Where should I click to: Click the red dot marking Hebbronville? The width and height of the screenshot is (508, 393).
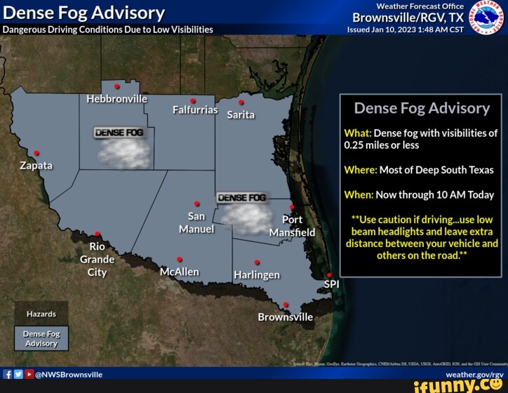pyautogui.click(x=116, y=86)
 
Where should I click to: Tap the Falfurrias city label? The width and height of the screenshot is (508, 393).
pyautogui.click(x=195, y=110)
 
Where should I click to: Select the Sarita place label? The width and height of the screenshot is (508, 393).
pyautogui.click(x=241, y=114)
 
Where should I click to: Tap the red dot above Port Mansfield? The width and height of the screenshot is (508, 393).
pyautogui.click(x=292, y=208)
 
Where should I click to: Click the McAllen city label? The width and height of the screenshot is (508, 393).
pyautogui.click(x=179, y=272)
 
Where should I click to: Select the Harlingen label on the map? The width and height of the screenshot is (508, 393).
pyautogui.click(x=257, y=274)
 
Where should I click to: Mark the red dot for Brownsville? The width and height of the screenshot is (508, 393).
pyautogui.click(x=286, y=305)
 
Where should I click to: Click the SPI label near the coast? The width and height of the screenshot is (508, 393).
pyautogui.click(x=331, y=284)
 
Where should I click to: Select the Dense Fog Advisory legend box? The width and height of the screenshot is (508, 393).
pyautogui.click(x=41, y=338)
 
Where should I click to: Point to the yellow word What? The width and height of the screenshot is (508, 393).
pyautogui.click(x=357, y=133)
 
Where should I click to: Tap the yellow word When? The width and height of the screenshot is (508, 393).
pyautogui.click(x=359, y=194)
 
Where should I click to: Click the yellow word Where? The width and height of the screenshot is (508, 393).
pyautogui.click(x=361, y=170)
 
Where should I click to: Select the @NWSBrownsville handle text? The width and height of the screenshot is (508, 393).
pyautogui.click(x=69, y=375)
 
